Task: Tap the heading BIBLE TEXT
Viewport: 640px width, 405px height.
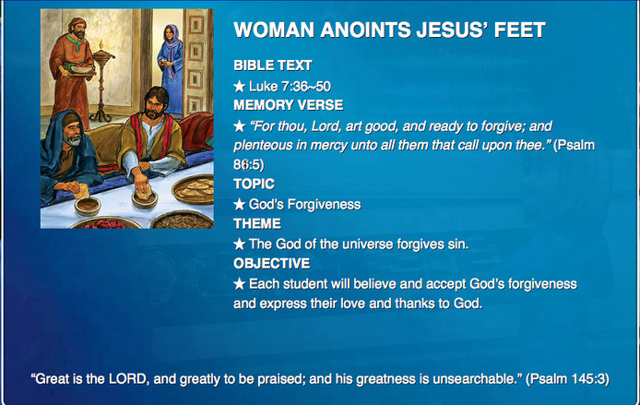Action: (x=273, y=66)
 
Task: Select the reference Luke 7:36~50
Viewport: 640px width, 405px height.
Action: (x=290, y=86)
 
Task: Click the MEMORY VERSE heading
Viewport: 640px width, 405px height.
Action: (x=288, y=105)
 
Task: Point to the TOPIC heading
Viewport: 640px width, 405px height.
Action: (x=254, y=185)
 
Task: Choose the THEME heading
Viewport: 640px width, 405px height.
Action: (x=257, y=224)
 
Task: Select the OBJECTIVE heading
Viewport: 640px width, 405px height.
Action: (x=271, y=263)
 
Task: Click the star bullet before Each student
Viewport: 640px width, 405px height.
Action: (x=240, y=284)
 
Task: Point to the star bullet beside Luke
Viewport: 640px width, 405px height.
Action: (x=240, y=86)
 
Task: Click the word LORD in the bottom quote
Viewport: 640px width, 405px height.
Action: (x=127, y=379)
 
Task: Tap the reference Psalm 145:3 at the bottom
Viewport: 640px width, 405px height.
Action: (x=567, y=379)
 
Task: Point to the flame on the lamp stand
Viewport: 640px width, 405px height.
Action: (x=100, y=45)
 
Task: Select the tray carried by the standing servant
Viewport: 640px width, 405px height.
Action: (x=82, y=69)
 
